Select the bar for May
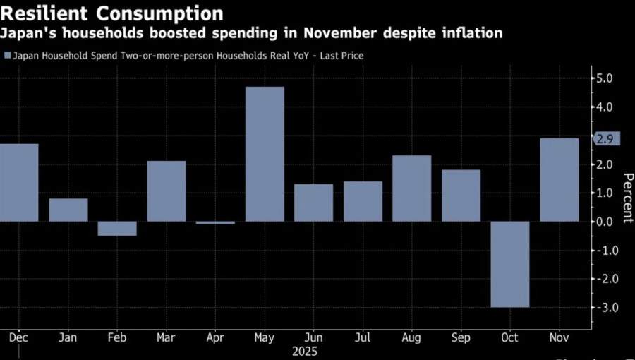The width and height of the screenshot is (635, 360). point(265,154)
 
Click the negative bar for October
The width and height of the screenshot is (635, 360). point(510,264)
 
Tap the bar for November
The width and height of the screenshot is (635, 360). point(560,179)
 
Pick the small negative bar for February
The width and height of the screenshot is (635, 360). point(117,229)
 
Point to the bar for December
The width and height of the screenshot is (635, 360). point(18,182)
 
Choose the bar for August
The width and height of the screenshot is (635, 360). point(412,188)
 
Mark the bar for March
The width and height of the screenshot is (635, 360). point(167,191)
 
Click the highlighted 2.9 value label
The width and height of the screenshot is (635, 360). point(605,138)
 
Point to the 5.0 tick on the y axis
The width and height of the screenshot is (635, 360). point(605,78)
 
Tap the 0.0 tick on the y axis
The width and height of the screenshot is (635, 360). point(605,222)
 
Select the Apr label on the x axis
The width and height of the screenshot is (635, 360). point(216,338)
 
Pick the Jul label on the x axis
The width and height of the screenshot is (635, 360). point(363,338)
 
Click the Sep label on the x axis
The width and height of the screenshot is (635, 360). point(461,338)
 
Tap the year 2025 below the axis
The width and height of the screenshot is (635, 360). point(304,351)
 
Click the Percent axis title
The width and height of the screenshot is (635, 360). point(626,198)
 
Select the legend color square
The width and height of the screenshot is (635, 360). point(7,55)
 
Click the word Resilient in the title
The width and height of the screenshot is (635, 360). point(45,13)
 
